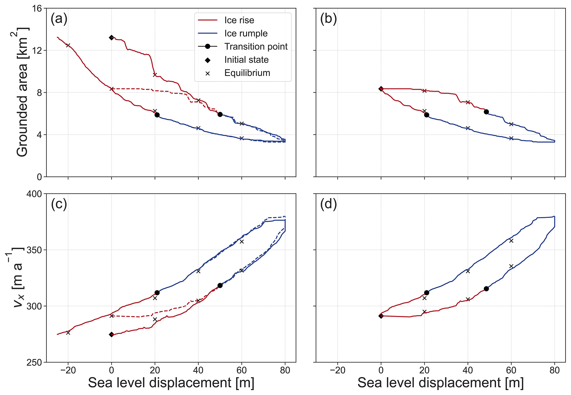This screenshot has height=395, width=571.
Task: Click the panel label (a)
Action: [x=59, y=19]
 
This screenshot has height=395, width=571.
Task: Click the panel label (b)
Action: [x=328, y=19]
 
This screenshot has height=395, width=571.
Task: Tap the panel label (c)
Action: [x=59, y=204]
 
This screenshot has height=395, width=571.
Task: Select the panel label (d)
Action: [x=328, y=204]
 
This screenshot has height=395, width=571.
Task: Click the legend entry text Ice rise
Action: [x=239, y=20]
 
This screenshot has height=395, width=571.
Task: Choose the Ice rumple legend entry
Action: [x=246, y=33]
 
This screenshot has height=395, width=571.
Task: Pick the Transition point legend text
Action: [x=256, y=46]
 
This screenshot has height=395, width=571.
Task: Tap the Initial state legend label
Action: [x=246, y=60]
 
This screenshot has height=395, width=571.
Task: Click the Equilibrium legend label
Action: [x=247, y=73]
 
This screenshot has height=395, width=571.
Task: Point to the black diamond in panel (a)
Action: [x=112, y=38]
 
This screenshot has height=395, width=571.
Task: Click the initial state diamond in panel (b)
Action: [x=381, y=89]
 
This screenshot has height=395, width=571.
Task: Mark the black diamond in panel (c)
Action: [x=112, y=335]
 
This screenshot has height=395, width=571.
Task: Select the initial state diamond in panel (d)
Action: [x=381, y=316]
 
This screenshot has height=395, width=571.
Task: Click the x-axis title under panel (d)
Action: [x=440, y=383]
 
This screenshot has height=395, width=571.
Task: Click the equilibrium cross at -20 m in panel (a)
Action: [x=68, y=45]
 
